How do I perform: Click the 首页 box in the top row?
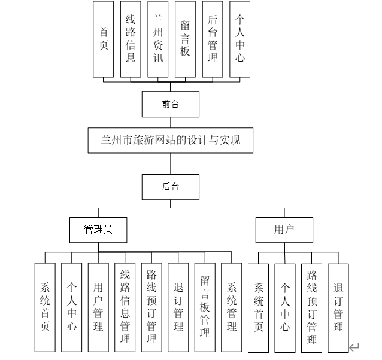[104, 39]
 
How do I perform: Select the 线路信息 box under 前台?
[131, 39]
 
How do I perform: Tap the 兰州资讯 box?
[158, 39]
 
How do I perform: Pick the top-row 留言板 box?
[185, 39]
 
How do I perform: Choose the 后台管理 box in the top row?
[212, 39]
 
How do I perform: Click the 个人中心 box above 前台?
[239, 39]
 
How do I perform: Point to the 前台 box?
[171, 104]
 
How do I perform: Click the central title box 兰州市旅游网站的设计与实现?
[171, 141]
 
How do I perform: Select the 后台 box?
[171, 186]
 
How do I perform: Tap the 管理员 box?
[98, 230]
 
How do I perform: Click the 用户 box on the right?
[284, 230]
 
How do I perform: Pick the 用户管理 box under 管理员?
[98, 307]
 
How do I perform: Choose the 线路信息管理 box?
[125, 307]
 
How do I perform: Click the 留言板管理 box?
[205, 307]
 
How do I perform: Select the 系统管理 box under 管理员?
[232, 307]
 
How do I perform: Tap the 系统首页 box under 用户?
[259, 307]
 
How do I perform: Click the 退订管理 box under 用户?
[338, 307]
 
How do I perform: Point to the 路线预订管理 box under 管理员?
[151, 307]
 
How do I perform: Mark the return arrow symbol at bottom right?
[354, 347]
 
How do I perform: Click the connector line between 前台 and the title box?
[171, 121]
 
